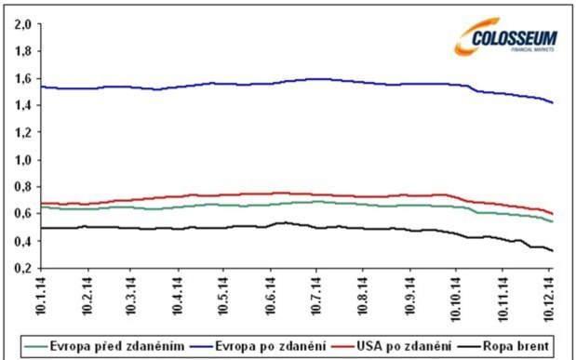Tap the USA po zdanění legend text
407,345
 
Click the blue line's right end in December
553,102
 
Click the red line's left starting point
42,202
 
